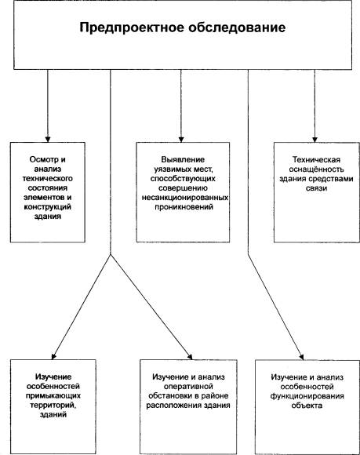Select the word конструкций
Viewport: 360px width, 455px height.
[48, 207]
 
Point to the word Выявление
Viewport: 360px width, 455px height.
[183, 159]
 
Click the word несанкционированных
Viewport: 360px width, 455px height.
[185, 198]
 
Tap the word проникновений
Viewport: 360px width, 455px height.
[184, 207]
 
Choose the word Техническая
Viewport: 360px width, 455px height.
[316, 159]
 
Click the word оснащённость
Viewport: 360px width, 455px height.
[316, 169]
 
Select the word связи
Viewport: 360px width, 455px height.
[316, 188]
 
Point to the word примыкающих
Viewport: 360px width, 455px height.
[53, 395]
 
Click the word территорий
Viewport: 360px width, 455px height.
[53, 405]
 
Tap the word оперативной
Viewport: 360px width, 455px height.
[188, 386]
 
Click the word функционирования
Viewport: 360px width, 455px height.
[307, 396]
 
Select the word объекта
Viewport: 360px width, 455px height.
[307, 405]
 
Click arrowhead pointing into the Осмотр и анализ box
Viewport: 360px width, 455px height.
[48, 140]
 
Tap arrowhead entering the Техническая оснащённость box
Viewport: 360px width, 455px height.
[315, 140]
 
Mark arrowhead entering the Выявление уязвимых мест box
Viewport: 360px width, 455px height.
[181, 140]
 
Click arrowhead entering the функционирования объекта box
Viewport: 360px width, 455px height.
[301, 357]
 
